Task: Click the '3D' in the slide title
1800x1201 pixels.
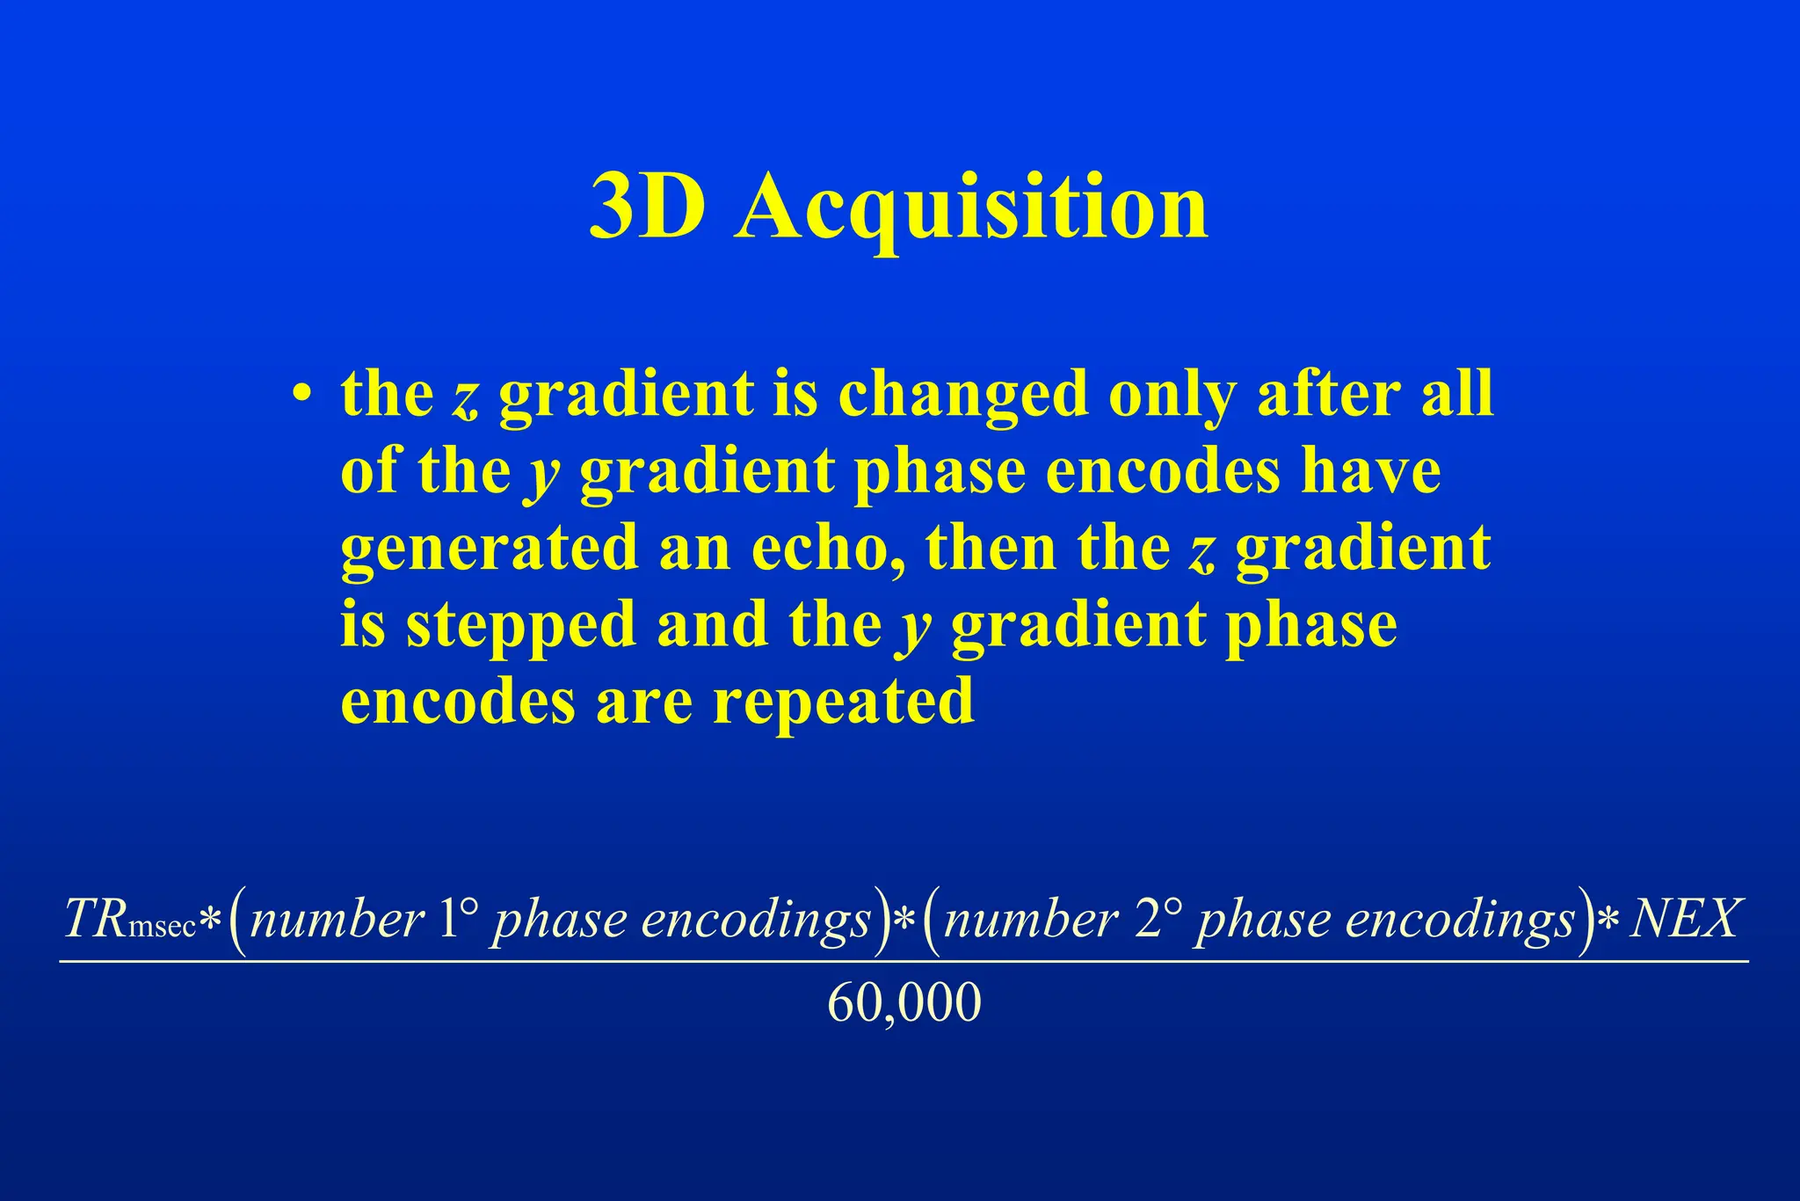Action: (x=647, y=207)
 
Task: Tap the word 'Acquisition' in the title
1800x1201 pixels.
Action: (x=972, y=209)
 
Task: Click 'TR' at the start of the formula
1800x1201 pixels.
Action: (x=96, y=920)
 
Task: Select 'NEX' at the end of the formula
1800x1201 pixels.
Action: (x=1683, y=920)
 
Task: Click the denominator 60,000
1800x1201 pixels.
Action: (x=904, y=1003)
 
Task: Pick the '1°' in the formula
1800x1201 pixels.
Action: (x=457, y=919)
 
